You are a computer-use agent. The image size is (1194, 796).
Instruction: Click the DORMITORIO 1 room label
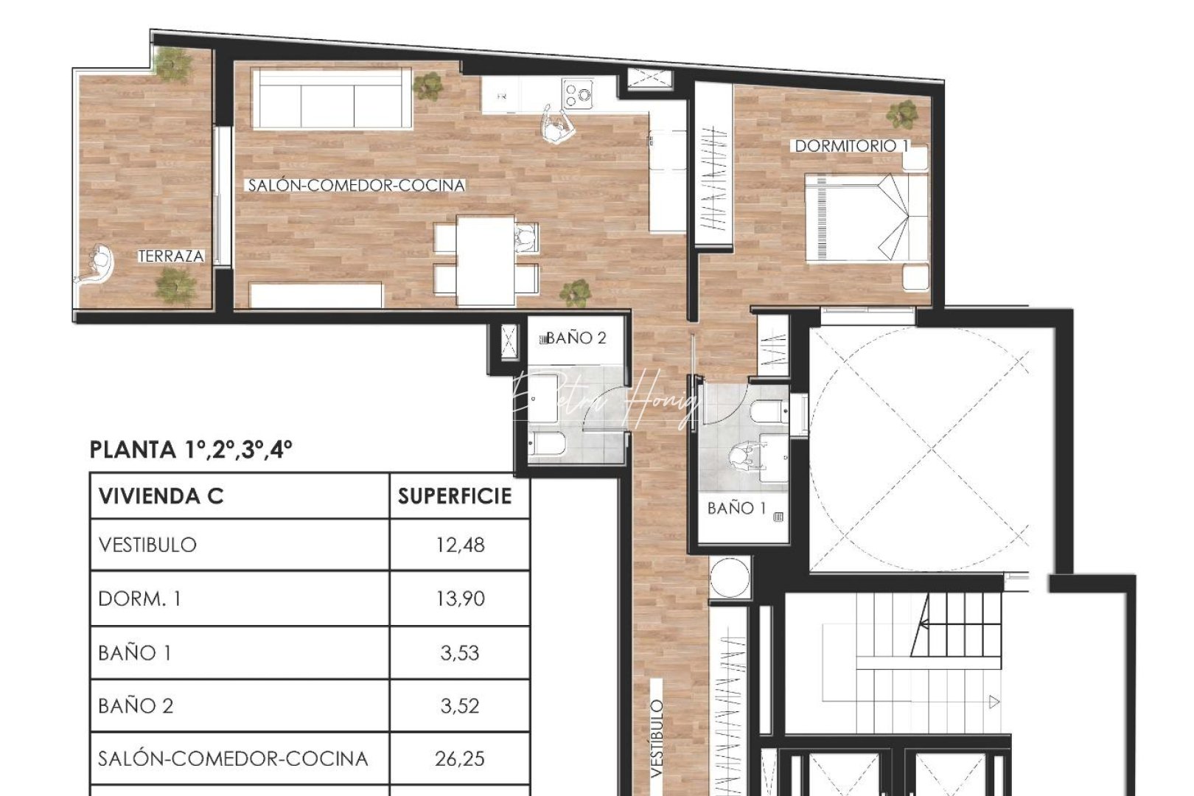[x=851, y=146]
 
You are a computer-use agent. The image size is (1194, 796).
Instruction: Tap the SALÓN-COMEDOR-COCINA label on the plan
[x=356, y=186]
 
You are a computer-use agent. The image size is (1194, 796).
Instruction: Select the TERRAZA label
[x=171, y=256]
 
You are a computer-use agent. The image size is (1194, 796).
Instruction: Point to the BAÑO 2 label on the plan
[x=576, y=338]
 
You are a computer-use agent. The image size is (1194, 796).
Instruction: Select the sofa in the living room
[x=331, y=99]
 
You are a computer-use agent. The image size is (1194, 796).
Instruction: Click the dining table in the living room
[x=485, y=259]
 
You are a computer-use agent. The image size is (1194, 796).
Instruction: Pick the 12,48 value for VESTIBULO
[x=460, y=545]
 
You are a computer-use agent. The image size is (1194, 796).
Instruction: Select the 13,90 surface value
[x=460, y=598]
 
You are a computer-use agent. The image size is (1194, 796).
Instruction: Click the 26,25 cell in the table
[x=460, y=758]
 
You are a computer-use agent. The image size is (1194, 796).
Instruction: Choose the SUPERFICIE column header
[x=455, y=496]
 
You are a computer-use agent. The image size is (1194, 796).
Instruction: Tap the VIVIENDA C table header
[x=161, y=496]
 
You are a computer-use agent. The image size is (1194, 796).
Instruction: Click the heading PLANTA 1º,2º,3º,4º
[x=191, y=450]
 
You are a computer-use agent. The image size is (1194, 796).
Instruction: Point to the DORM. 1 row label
[x=139, y=598]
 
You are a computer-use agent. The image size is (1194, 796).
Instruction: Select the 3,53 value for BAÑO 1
[x=460, y=652]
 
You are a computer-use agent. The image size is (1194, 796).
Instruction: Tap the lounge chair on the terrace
[x=97, y=265]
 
